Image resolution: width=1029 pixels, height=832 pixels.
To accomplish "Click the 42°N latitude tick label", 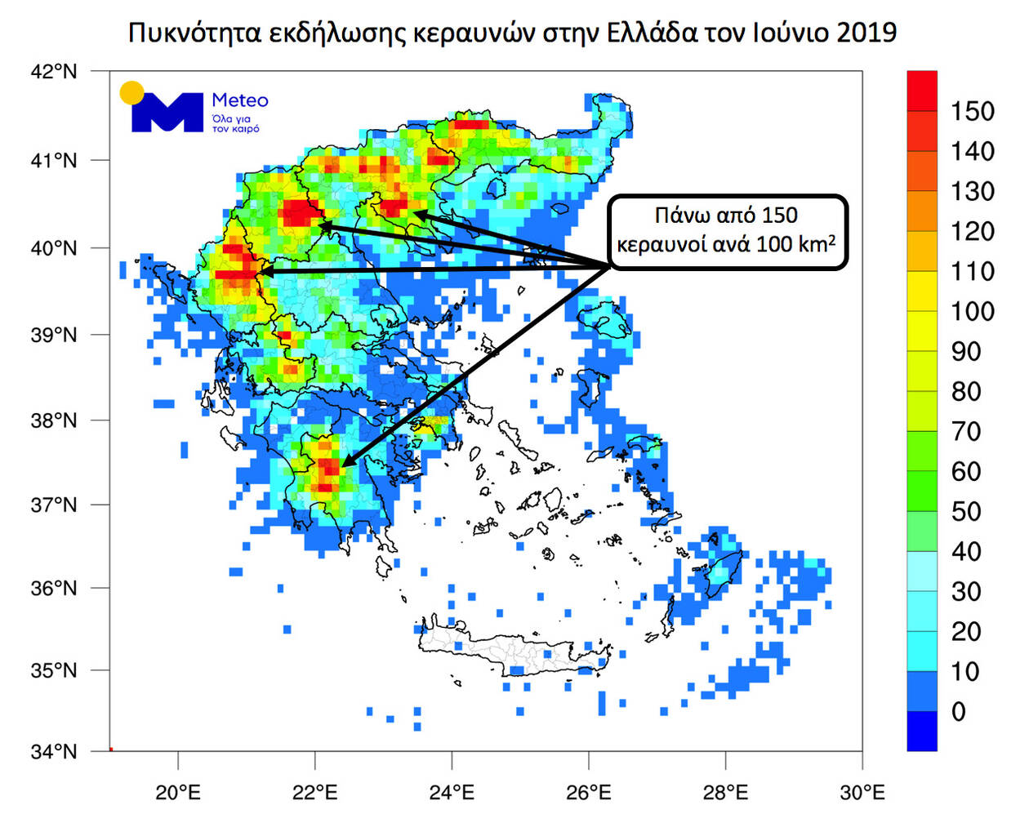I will tap(54, 72).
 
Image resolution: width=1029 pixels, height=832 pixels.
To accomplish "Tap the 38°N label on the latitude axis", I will tap(54, 420).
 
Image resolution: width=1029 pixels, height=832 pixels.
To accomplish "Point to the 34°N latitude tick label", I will tap(54, 751).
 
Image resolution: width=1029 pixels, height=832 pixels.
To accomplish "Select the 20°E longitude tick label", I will tap(178, 792).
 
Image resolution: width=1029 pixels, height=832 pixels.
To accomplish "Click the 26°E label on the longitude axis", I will tap(589, 792).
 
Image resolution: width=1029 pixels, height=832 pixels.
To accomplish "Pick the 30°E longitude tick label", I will tap(862, 792).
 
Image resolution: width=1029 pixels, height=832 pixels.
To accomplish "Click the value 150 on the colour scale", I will tap(972, 111).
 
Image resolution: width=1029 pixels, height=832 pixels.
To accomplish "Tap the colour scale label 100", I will tap(972, 311).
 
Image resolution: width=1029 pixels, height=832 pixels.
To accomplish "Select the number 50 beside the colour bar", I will tap(965, 511).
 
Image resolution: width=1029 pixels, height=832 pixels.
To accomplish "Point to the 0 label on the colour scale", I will tap(959, 711).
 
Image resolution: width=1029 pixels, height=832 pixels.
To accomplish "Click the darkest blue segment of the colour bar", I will tap(922, 731).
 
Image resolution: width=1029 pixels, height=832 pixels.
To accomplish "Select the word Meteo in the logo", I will tap(240, 100).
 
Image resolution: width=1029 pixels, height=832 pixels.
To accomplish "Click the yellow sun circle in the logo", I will tap(131, 93).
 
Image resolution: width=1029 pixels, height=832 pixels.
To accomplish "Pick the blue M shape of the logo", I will tap(168, 113).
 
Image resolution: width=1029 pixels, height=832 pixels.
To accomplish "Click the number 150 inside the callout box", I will tap(779, 216).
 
